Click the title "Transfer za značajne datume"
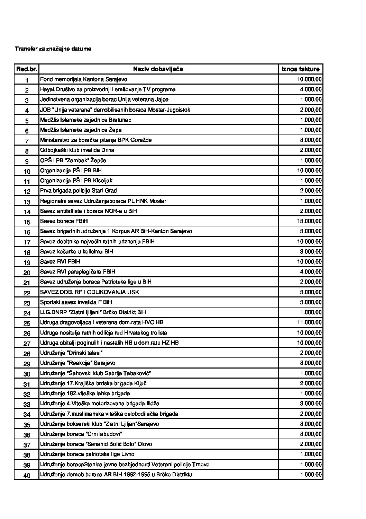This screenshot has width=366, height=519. [53, 49]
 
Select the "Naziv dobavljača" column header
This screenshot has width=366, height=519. [158, 69]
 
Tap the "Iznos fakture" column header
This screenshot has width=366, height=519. [300, 69]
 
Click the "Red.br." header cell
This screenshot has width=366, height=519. [27, 69]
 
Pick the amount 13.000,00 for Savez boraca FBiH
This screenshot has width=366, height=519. [309, 221]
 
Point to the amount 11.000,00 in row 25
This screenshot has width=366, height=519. [309, 322]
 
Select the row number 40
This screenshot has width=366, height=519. [27, 475]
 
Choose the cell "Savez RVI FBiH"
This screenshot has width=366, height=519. [60, 262]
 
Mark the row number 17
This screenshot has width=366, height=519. [27, 242]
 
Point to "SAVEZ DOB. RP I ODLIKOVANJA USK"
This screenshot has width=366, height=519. [90, 292]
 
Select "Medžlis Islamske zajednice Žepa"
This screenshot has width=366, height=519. [81, 130]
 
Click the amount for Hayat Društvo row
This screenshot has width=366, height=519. [311, 89]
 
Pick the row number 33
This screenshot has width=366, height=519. [27, 404]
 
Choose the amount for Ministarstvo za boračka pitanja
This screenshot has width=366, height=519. [311, 140]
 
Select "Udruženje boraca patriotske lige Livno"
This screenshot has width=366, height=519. [87, 454]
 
